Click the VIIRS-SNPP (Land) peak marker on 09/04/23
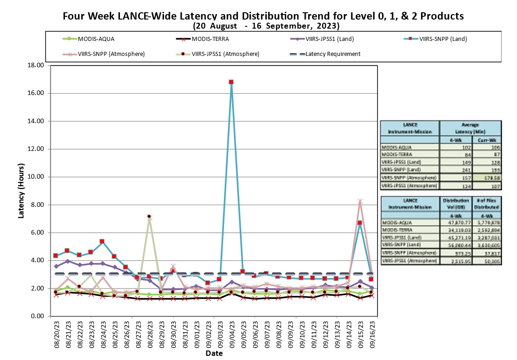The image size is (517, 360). pos(231,82)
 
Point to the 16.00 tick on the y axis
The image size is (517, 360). pos(35,93)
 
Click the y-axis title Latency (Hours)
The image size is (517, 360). pos(21,191)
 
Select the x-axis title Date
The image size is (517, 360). pos(214,353)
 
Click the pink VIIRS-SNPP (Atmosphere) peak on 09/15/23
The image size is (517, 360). pos(360,201)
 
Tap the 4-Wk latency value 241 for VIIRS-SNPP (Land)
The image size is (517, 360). pos(459,169)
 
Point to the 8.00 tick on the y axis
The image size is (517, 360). pos(36,205)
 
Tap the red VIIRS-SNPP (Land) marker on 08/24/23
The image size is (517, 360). pos(102,241)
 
